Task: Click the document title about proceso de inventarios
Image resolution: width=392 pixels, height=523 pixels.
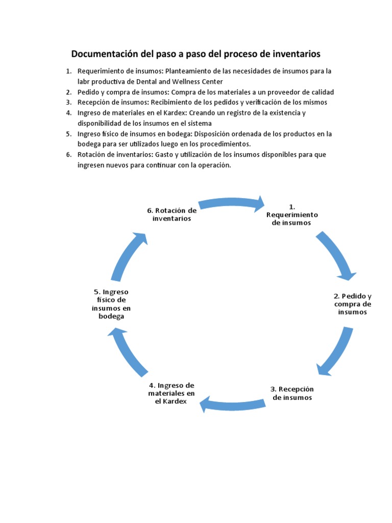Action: [x=195, y=54]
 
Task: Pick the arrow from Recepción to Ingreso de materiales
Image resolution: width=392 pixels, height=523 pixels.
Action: [x=232, y=404]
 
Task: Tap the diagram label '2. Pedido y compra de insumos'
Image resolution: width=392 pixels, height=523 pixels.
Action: [x=352, y=304]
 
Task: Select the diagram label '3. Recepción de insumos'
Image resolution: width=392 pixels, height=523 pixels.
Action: [x=292, y=393]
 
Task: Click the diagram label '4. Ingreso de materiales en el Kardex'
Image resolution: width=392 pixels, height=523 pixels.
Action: [x=171, y=393]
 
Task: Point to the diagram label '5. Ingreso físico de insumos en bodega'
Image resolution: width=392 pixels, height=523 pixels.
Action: [x=111, y=304]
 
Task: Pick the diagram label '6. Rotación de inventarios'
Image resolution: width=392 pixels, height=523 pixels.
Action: [x=171, y=215]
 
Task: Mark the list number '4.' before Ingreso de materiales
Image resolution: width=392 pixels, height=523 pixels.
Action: [x=68, y=113]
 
